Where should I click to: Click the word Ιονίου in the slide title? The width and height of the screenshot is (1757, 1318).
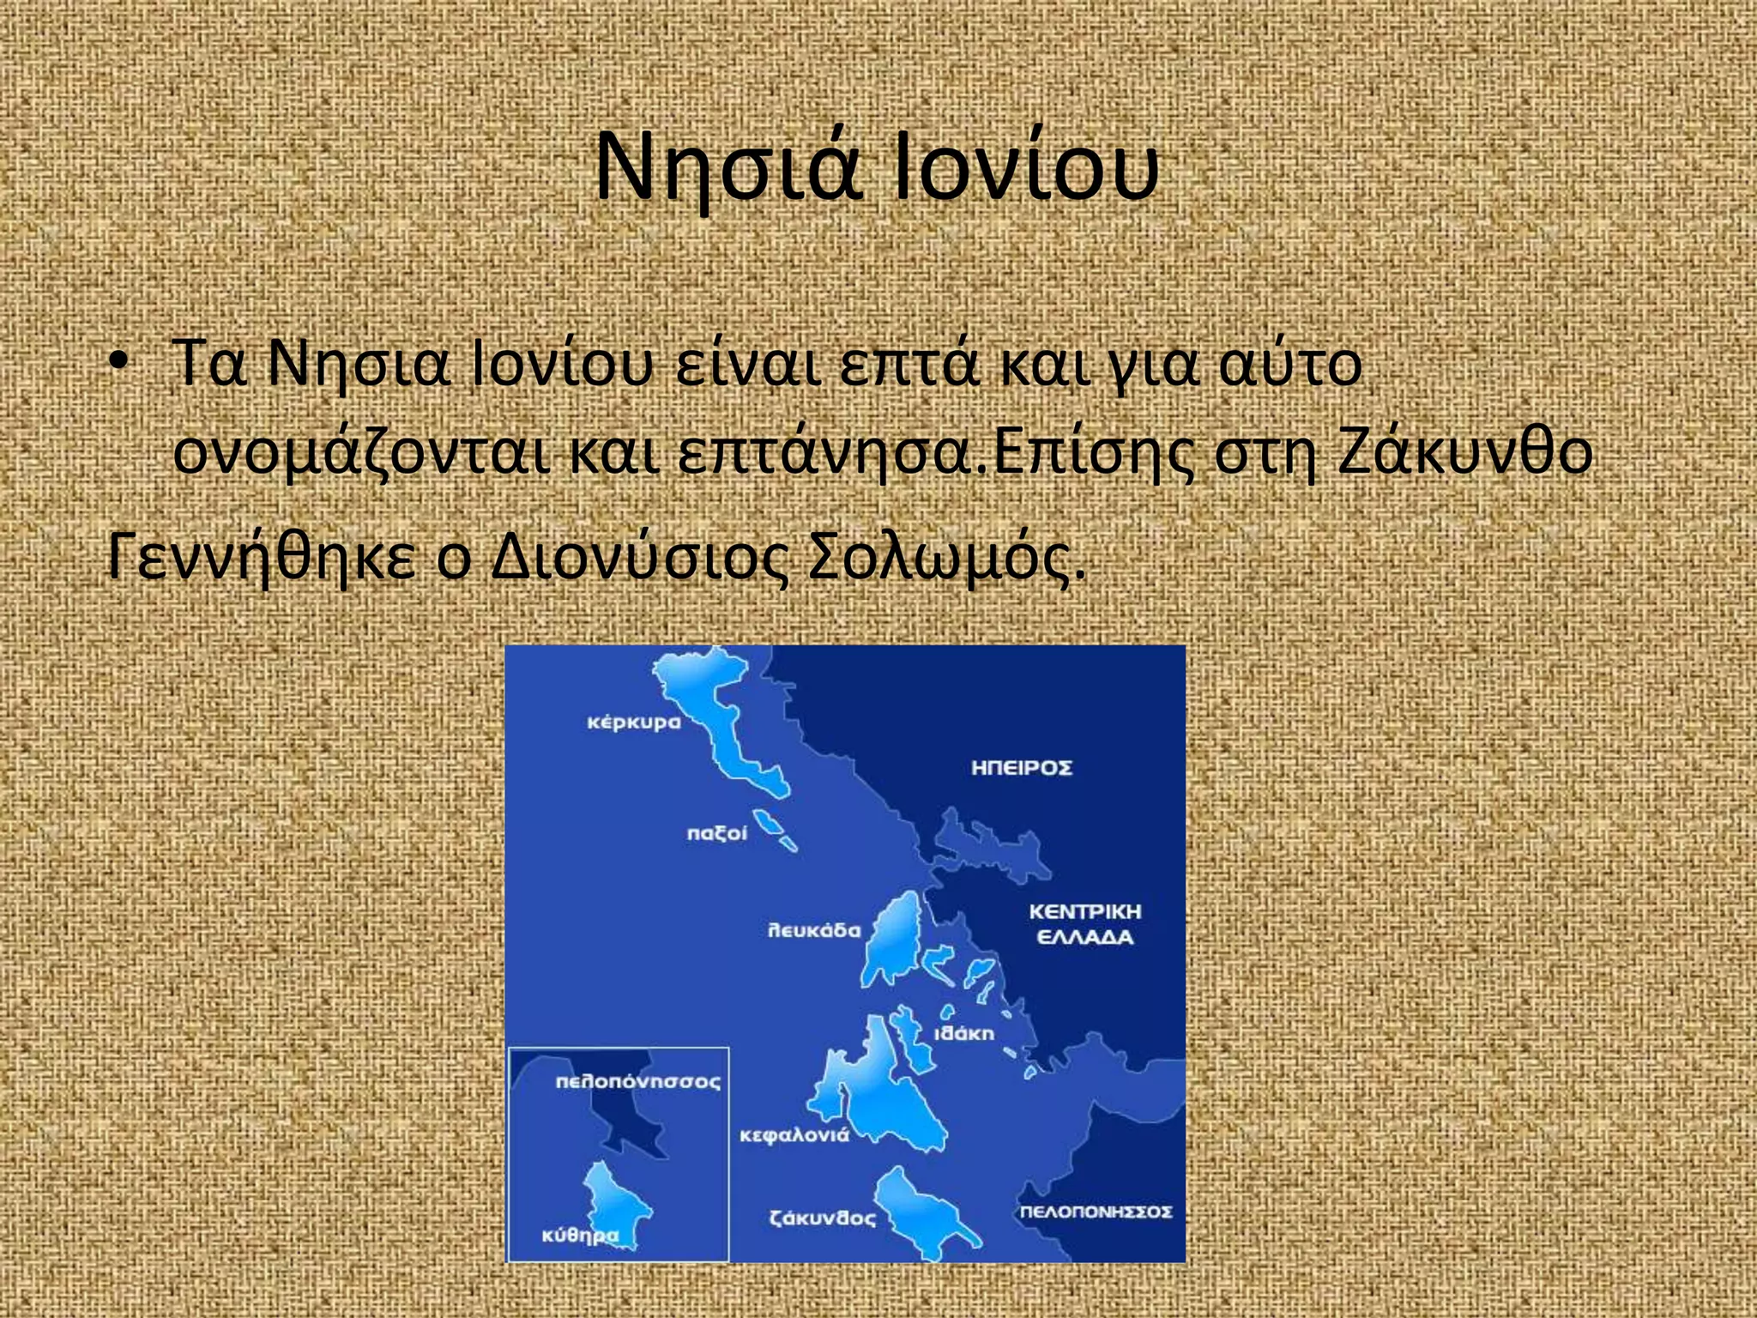1026,168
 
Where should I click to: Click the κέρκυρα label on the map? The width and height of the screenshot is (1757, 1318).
633,722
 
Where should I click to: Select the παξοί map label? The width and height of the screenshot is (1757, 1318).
716,833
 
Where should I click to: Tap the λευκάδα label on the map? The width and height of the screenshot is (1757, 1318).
813,930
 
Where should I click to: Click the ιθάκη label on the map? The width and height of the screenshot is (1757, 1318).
963,1033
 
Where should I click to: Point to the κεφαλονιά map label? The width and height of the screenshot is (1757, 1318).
794,1135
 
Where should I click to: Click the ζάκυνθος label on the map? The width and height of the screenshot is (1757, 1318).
823,1218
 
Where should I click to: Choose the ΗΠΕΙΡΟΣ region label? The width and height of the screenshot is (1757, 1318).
1022,767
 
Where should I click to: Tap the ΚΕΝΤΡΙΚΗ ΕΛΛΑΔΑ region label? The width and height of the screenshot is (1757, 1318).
1085,924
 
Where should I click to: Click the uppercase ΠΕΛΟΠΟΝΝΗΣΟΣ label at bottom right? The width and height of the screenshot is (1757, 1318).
1095,1212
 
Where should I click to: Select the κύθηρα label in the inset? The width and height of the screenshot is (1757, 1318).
580,1236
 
